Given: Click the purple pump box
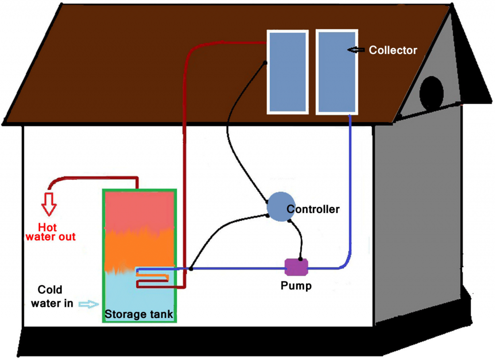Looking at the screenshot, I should click(296, 266).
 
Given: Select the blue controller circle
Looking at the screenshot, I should click(281, 206).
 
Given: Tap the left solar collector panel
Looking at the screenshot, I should click(287, 72).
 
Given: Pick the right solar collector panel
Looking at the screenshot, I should click(337, 72).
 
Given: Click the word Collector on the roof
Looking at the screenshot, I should click(393, 50).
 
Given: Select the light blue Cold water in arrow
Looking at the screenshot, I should click(87, 304).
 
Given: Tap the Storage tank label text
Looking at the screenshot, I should click(139, 314).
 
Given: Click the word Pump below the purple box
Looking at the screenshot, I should click(296, 286).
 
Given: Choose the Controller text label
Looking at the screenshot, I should click(313, 209).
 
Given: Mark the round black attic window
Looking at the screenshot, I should click(431, 93).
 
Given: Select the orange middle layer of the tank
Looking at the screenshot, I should click(139, 249).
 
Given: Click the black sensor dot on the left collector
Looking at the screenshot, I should click(265, 63).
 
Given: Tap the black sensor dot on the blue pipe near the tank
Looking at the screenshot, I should click(192, 268).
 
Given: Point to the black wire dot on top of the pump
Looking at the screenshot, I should click(300, 259).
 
